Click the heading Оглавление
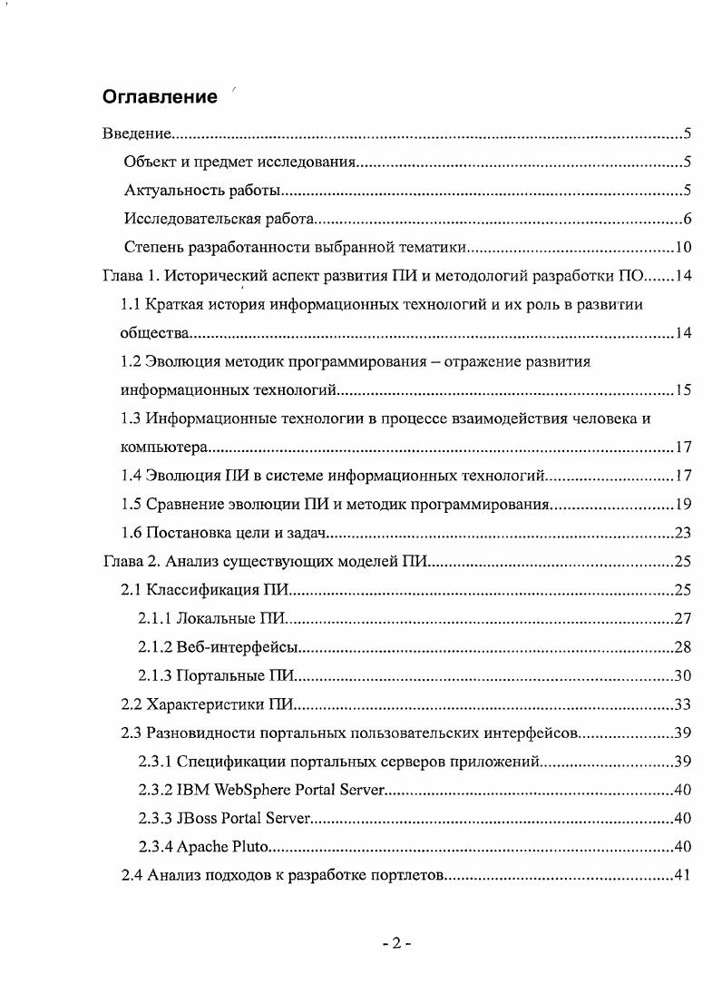pyautogui.click(x=160, y=97)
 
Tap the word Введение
pyautogui.click(x=136, y=134)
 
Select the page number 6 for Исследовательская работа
pyautogui.click(x=688, y=220)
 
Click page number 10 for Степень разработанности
pyautogui.click(x=684, y=248)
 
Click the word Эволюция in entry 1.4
pyautogui.click(x=183, y=475)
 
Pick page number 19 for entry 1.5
pyautogui.click(x=684, y=504)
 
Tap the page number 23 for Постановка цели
pyautogui.click(x=684, y=533)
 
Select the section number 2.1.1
pyautogui.click(x=155, y=619)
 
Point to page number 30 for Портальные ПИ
pyautogui.click(x=684, y=675)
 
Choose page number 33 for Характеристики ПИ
pyautogui.click(x=684, y=704)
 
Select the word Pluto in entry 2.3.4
pyautogui.click(x=250, y=847)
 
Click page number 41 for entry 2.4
pyautogui.click(x=684, y=876)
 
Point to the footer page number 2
pyautogui.click(x=396, y=943)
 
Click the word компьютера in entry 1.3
pyautogui.click(x=164, y=448)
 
